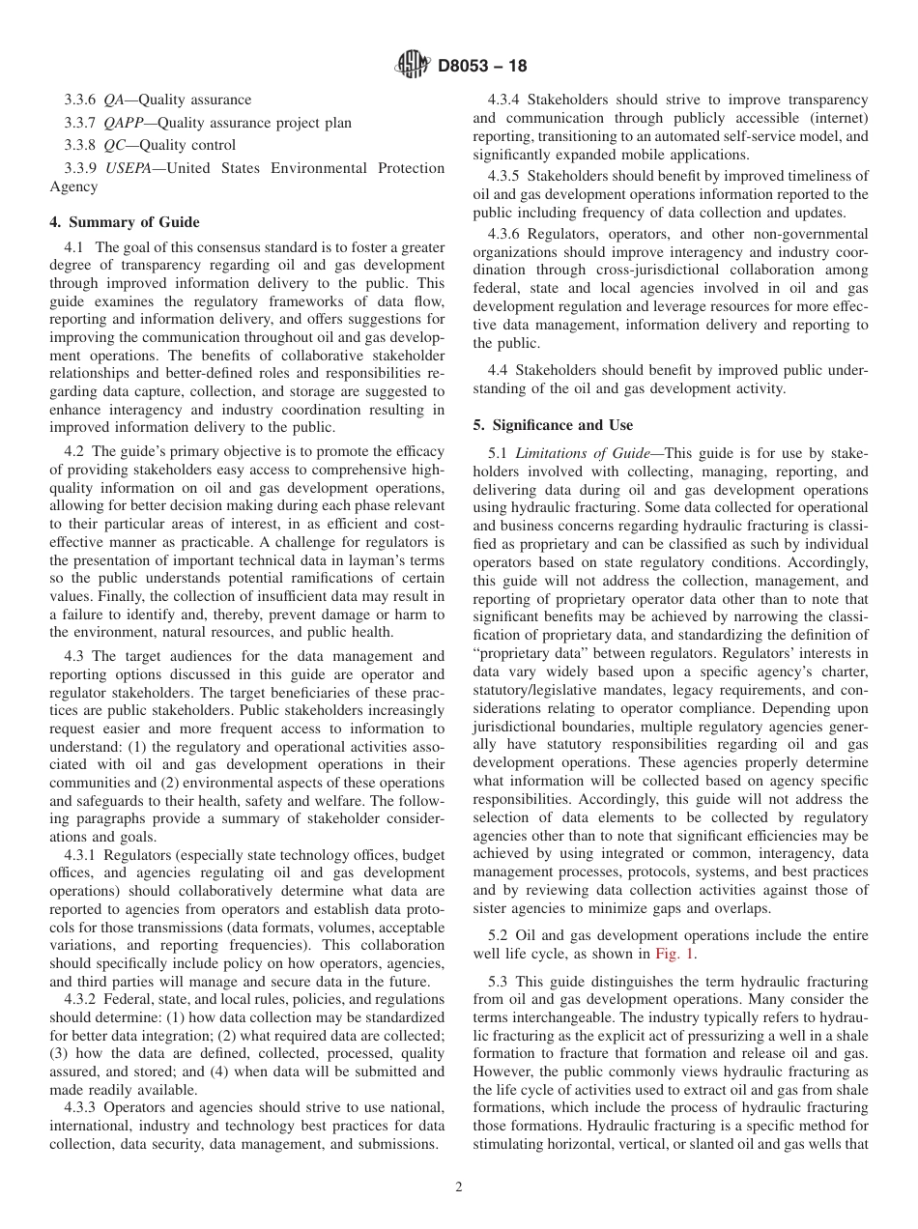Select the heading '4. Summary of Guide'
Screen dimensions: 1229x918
pyautogui.click(x=124, y=222)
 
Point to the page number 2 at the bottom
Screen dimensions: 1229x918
pyautogui.click(x=459, y=1187)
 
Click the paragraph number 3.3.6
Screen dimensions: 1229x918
pyautogui.click(x=80, y=100)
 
